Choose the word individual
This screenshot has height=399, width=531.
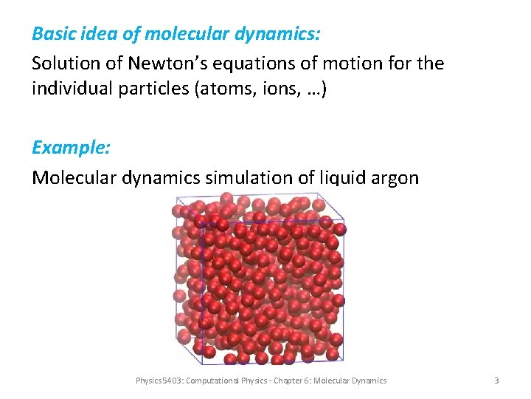[x=70, y=89]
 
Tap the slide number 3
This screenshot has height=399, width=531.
[x=496, y=381]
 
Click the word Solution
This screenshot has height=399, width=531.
[x=62, y=64]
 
